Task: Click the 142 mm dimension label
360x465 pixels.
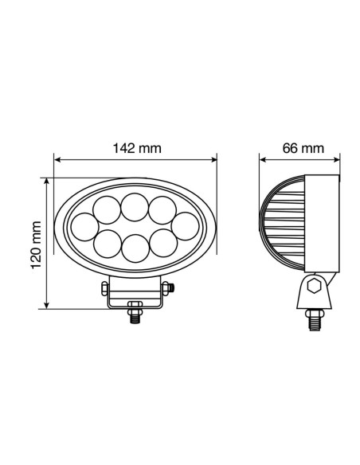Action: [135, 147]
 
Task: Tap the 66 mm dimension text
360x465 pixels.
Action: [303, 147]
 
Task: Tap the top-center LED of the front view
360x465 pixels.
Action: [134, 209]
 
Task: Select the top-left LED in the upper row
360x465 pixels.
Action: [108, 210]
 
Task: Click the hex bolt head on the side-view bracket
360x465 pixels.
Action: [313, 286]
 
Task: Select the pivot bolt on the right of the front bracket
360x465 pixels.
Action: [172, 287]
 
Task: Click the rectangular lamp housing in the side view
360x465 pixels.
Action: [323, 224]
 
